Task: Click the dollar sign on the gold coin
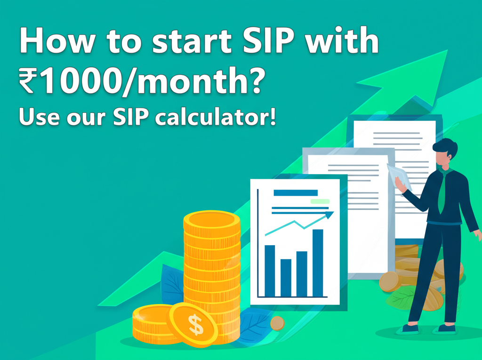(194, 323)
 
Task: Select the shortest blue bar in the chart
(286, 278)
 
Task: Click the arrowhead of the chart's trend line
(329, 215)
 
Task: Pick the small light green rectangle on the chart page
(320, 201)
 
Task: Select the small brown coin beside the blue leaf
(277, 323)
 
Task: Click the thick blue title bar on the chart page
(295, 192)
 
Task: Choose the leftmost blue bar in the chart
(270, 271)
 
